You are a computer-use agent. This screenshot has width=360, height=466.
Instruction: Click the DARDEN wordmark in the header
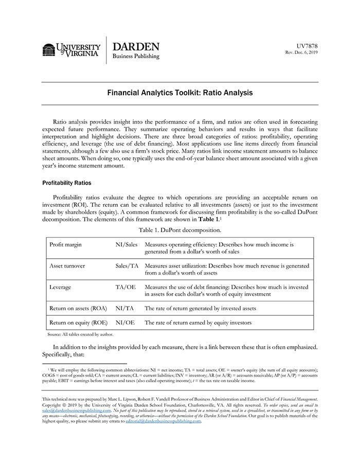[x=136, y=47]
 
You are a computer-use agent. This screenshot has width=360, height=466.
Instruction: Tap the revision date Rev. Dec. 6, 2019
[x=301, y=52]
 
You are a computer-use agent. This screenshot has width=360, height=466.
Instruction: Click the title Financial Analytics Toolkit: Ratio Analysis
[x=179, y=94]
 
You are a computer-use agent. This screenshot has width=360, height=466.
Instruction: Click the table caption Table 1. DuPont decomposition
[x=180, y=230]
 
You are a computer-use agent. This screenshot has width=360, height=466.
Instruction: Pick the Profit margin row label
[x=65, y=244]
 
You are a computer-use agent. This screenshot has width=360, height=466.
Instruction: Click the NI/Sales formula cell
[x=127, y=244]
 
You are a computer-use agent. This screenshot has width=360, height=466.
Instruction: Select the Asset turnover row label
[x=67, y=266]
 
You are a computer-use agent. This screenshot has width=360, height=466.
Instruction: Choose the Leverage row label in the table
[x=60, y=287]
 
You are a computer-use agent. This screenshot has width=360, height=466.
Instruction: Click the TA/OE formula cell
[x=125, y=287]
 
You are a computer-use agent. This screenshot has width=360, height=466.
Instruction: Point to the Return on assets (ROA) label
[x=78, y=309]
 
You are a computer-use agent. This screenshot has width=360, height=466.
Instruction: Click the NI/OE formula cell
[x=125, y=322]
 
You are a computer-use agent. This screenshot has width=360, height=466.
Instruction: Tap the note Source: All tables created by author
[x=80, y=334]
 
